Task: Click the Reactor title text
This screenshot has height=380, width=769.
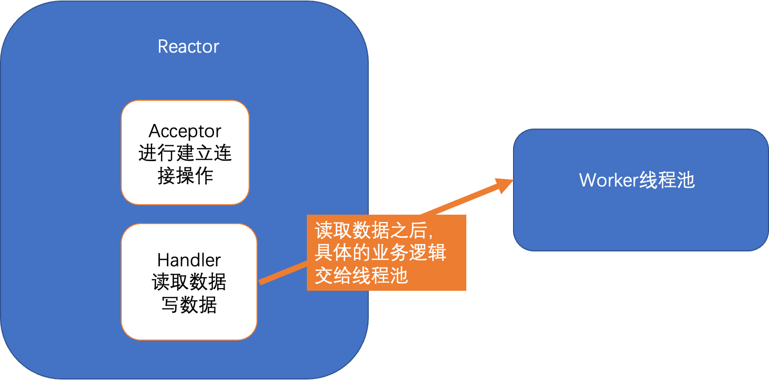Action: tap(188, 47)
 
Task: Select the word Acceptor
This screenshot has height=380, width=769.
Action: tap(185, 131)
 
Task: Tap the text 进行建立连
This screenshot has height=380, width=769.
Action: tap(185, 153)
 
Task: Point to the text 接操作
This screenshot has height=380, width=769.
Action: tap(185, 176)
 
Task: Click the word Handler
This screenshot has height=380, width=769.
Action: tap(189, 260)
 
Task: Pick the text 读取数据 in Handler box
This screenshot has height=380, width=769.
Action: tap(189, 282)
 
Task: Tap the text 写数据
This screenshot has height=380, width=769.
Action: tap(189, 305)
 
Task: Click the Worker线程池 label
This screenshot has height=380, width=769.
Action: tap(637, 181)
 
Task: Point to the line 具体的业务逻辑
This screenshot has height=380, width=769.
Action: tap(380, 253)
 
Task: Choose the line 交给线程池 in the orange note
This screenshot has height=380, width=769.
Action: tap(361, 275)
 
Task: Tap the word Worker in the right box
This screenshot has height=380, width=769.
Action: tap(608, 181)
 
